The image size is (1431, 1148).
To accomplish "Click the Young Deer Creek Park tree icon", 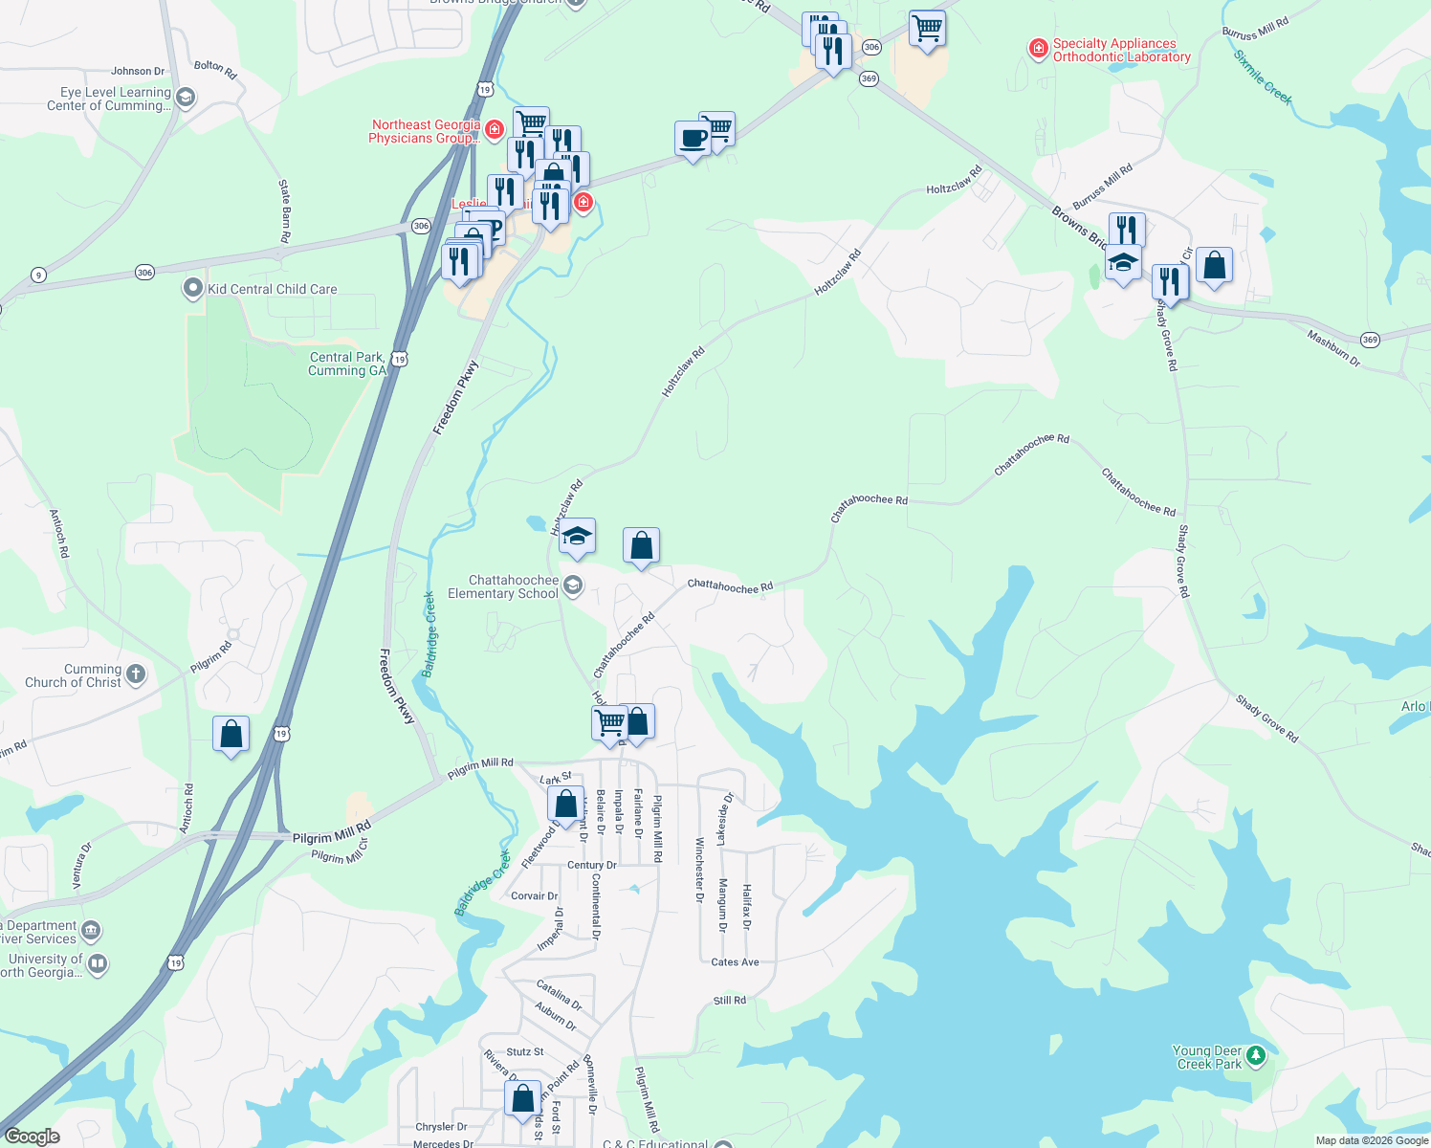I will [x=1256, y=1056].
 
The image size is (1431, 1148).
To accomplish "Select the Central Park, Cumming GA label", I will [x=347, y=364].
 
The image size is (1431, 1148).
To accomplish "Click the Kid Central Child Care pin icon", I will [x=193, y=288].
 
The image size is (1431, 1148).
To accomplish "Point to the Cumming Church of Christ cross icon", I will [x=136, y=674].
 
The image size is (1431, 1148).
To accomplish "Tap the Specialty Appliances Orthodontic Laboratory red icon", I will [x=1038, y=49].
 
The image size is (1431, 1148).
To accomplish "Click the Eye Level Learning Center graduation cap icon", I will [x=186, y=97].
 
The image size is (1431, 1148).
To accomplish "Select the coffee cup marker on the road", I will [x=693, y=140].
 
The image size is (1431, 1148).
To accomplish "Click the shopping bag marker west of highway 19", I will [x=231, y=735].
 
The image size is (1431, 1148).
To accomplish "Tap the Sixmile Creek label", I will [x=1263, y=77].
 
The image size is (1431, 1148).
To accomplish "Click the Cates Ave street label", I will [x=735, y=962].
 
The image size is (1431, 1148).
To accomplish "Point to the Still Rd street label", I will [x=729, y=1001].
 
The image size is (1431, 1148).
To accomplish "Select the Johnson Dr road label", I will [x=138, y=71].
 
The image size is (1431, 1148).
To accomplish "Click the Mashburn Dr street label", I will [x=1333, y=348].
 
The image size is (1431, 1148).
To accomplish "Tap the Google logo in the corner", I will [x=33, y=1137].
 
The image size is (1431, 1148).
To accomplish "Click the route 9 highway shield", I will [x=38, y=276].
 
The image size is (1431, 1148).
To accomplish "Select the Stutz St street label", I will [x=525, y=1051].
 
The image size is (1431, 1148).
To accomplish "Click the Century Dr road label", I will [x=592, y=865].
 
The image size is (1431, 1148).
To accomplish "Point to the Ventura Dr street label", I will [x=81, y=865].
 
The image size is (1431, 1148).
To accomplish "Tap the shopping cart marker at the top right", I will [x=927, y=29].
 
